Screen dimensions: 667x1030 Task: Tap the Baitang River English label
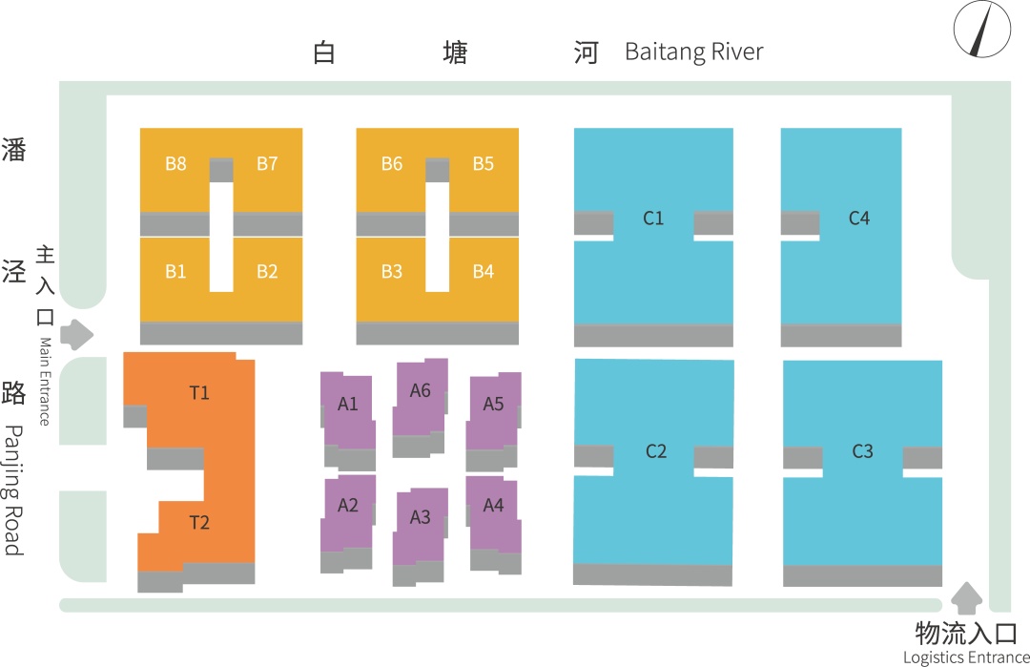point(693,52)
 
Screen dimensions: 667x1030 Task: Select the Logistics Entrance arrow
point(967,598)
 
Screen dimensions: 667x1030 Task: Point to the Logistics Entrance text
point(966,657)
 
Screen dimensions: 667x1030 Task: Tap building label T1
point(199,392)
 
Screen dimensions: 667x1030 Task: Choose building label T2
point(199,522)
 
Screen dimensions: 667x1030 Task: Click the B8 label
point(175,164)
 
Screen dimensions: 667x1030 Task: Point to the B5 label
point(484,164)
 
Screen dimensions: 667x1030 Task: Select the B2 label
point(267,272)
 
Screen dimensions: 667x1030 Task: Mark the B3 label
point(392,272)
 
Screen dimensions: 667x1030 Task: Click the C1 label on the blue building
point(653,219)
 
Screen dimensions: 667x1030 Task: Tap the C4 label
point(859,219)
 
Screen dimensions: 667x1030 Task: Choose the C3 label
point(862,451)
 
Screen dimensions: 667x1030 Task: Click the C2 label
point(656,451)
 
